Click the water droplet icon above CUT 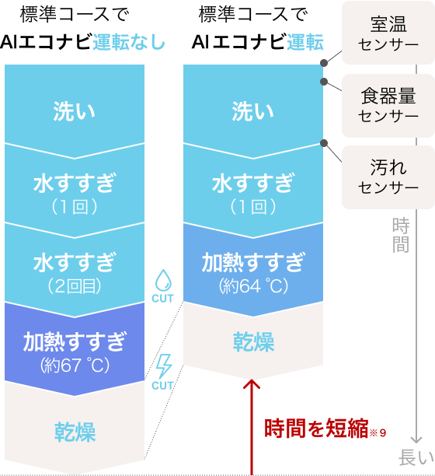pyautogui.click(x=163, y=280)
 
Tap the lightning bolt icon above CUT pyautogui.click(x=164, y=366)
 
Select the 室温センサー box pyautogui.click(x=388, y=33)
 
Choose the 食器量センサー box pyautogui.click(x=388, y=106)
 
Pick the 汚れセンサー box pyautogui.click(x=388, y=177)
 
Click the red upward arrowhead pyautogui.click(x=252, y=383)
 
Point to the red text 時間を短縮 pyautogui.click(x=316, y=429)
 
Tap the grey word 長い pyautogui.click(x=416, y=457)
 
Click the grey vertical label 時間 pyautogui.click(x=401, y=235)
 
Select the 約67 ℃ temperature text pyautogui.click(x=75, y=365)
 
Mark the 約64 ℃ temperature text pyautogui.click(x=253, y=285)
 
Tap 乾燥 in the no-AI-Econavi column pyautogui.click(x=75, y=432)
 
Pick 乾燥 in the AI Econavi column pyautogui.click(x=253, y=341)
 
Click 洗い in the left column pyautogui.click(x=75, y=111)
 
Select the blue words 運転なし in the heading pyautogui.click(x=128, y=42)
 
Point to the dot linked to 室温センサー pyautogui.click(x=324, y=63)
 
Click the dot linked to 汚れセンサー pyautogui.click(x=324, y=143)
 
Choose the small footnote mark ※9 pyautogui.click(x=378, y=432)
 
